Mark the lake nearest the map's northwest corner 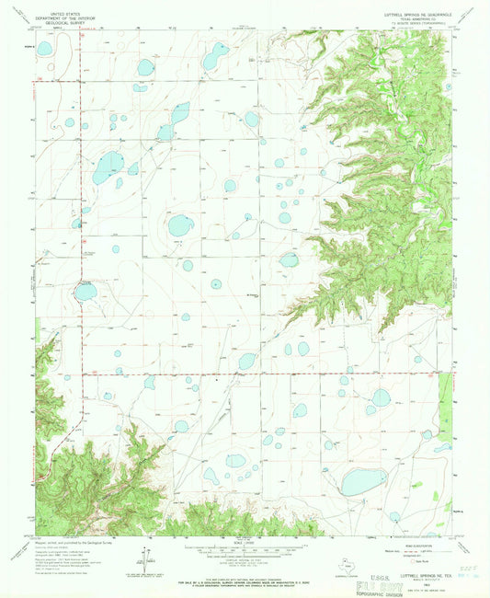pos(44,46)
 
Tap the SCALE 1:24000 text pos(244,538)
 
